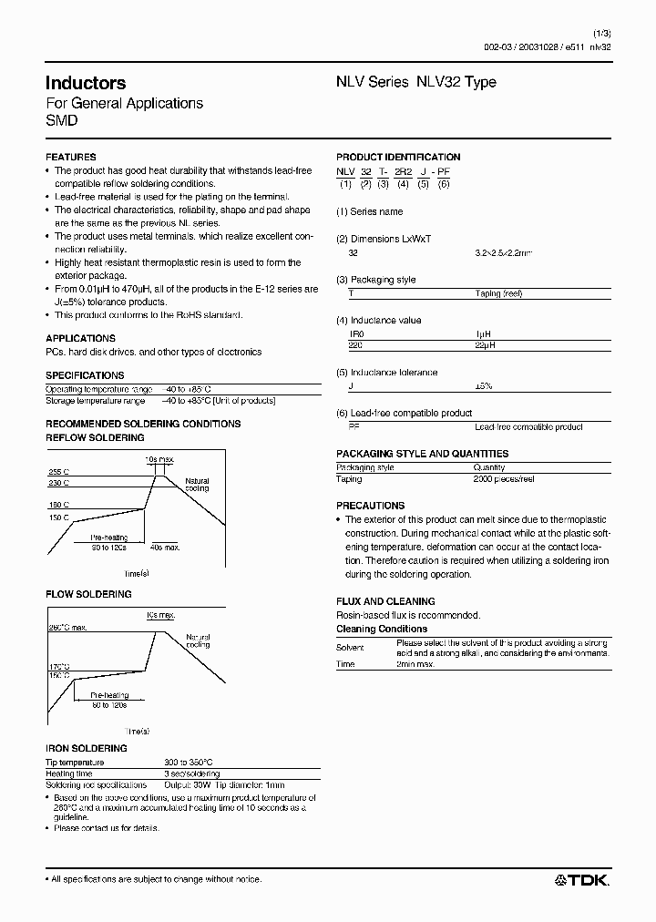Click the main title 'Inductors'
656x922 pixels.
coord(86,83)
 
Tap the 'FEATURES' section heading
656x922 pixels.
coord(70,157)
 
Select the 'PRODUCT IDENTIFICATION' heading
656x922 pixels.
coord(398,157)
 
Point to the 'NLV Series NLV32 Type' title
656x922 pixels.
coord(416,82)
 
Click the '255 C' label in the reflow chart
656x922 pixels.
coord(59,472)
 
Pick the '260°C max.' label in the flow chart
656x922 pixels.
coord(67,628)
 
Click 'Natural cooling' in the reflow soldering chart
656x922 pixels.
coord(197,485)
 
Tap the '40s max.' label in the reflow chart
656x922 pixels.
coord(164,547)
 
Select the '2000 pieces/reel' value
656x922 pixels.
coord(503,479)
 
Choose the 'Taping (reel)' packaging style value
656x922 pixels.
coord(500,293)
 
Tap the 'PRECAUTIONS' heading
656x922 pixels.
coord(370,506)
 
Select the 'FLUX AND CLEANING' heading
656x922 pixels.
coord(385,601)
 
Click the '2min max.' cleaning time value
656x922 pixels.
coord(415,664)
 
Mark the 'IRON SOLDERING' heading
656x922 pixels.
coord(86,748)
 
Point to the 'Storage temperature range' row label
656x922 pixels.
coord(95,401)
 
